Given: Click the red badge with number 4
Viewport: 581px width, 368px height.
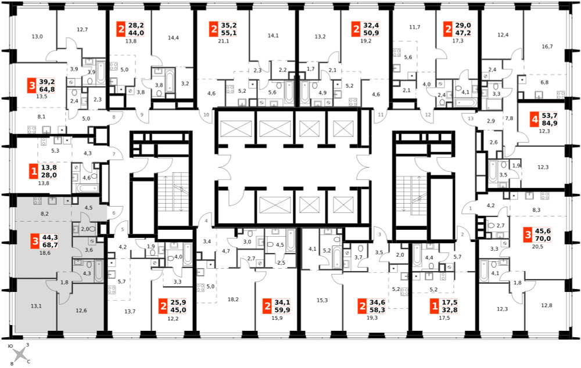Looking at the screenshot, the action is [534, 120].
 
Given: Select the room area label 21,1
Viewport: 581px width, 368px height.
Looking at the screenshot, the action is [224, 41].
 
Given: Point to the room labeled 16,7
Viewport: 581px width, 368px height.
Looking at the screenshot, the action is [547, 46].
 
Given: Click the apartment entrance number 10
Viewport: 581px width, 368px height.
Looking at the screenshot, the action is [206, 115].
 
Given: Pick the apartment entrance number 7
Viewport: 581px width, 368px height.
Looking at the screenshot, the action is [114, 154].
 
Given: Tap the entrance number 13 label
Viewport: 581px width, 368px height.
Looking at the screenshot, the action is [471, 118].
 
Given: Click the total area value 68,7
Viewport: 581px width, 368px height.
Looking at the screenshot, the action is [51, 245].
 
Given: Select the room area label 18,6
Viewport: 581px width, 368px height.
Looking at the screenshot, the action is [45, 253].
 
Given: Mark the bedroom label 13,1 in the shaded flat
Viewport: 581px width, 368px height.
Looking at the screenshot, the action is [36, 306].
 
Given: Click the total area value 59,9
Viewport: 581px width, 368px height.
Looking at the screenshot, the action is [282, 310].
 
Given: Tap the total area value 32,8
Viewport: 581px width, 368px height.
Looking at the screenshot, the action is [450, 310].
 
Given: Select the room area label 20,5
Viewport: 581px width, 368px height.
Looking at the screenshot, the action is [537, 247].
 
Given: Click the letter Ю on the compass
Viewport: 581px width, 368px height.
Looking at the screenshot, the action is [10, 346].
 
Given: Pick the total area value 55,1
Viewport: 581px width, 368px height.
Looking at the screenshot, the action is [228, 33].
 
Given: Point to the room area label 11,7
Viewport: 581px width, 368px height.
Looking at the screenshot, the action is [415, 27].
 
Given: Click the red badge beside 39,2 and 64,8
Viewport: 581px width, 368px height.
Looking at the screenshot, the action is [32, 85].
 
